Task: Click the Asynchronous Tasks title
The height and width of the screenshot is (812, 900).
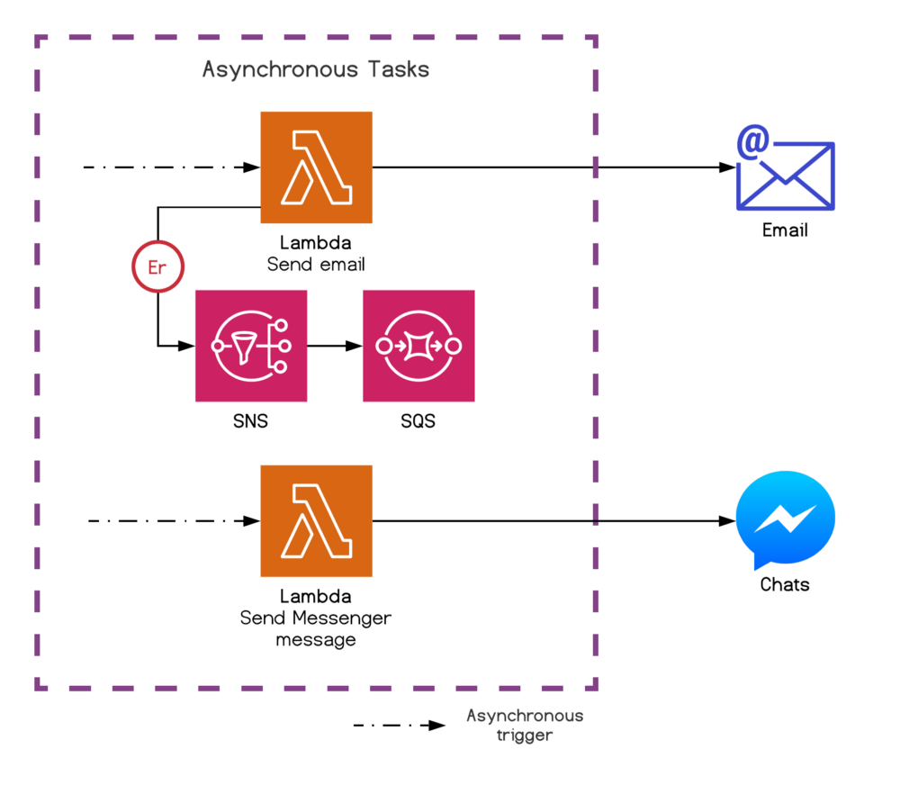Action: pos(316,69)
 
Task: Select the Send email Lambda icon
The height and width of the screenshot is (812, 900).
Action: pos(316,167)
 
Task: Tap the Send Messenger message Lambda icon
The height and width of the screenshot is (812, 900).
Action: pos(316,520)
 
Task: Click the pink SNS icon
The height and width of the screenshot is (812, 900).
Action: pos(251,346)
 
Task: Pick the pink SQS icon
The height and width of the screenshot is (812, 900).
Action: pos(418,346)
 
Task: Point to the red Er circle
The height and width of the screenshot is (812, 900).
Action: pos(157,267)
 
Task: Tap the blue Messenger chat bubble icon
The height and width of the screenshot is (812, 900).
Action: pos(786,520)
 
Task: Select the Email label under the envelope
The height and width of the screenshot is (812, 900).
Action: pos(785,230)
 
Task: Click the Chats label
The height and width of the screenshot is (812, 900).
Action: pos(785,585)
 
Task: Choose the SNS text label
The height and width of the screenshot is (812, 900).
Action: pos(250,420)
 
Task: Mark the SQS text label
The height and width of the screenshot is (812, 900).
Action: pos(418,420)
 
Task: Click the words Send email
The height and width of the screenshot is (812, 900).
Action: pos(316,265)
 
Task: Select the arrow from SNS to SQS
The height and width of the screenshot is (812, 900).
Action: pos(335,346)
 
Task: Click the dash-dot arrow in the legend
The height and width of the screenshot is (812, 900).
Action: pos(399,725)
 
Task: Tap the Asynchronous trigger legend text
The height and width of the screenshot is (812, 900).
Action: pos(525,725)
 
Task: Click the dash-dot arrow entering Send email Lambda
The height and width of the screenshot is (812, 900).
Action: pos(171,167)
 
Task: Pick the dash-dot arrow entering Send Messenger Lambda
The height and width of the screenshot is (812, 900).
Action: pos(171,520)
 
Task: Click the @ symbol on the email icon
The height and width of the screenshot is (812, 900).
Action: pos(753,142)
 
